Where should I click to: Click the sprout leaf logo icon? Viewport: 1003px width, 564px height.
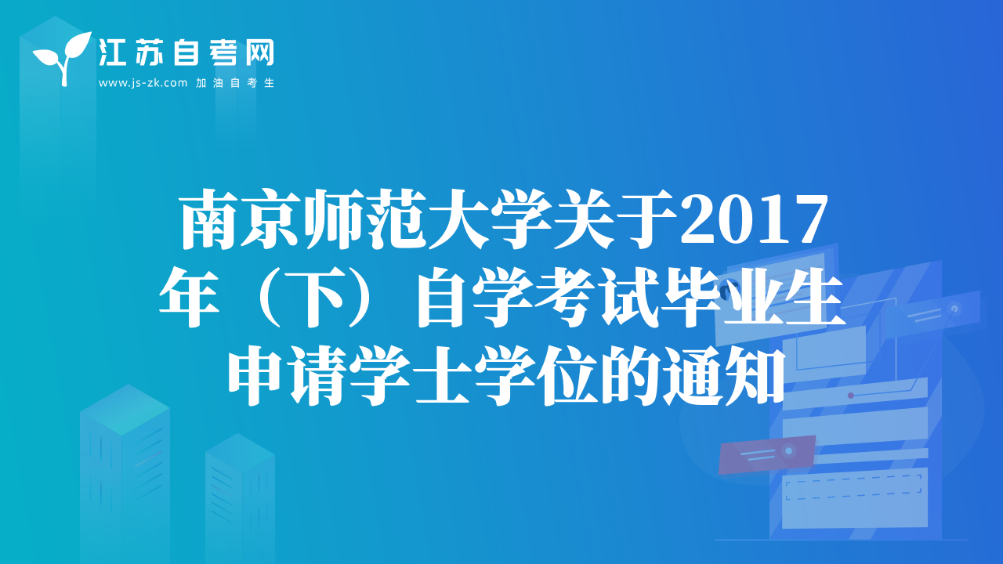63,58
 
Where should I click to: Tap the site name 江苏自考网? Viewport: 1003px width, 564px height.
186,52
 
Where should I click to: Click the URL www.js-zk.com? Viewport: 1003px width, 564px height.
143,83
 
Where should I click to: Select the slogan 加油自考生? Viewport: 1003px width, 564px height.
235,83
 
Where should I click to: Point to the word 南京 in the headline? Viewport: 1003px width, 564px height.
240,219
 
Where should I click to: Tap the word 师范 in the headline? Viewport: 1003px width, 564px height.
364,219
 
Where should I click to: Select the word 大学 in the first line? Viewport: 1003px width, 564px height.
490,219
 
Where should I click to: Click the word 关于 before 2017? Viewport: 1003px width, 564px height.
614,219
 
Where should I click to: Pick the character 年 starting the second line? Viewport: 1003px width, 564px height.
189,297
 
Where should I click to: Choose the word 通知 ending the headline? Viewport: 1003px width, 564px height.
725,376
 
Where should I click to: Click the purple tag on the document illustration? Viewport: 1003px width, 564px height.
766,454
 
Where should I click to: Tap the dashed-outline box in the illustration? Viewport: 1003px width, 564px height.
853,486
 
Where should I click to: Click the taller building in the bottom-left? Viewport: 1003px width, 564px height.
125,474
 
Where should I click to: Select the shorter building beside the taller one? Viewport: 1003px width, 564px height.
240,498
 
